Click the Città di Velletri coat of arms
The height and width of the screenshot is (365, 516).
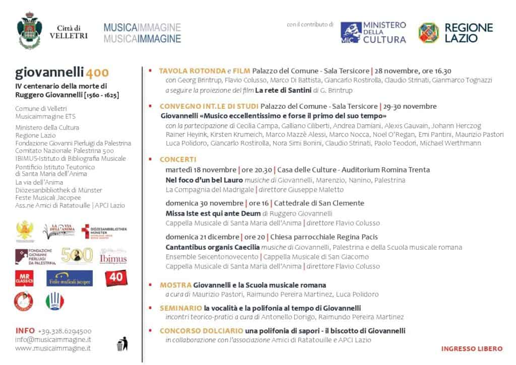(30, 31)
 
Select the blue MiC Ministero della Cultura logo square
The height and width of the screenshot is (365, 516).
(351, 32)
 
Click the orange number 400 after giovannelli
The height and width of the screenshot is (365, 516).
(97, 72)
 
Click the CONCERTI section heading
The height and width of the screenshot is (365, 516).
(178, 159)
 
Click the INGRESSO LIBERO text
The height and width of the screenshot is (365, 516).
(472, 348)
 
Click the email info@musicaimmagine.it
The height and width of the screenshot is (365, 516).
(53, 339)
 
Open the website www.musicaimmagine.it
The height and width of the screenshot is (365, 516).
(53, 348)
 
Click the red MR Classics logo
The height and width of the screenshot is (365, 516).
(24, 278)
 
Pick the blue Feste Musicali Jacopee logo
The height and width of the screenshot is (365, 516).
(70, 278)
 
